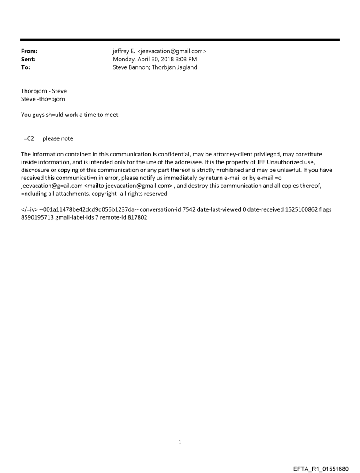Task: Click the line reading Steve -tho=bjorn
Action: [43, 99]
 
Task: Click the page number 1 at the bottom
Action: [180, 442]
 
